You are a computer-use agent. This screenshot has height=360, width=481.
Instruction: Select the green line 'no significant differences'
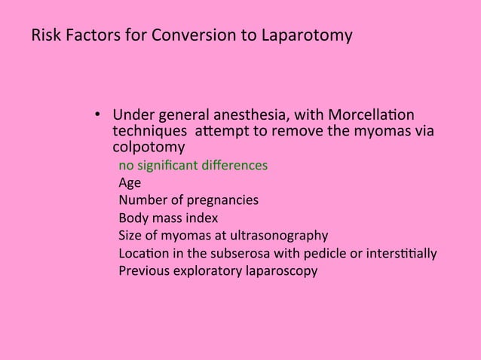(192, 165)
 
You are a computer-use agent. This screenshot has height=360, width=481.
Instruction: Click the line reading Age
(130, 182)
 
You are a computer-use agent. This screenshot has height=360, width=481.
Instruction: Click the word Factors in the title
(86, 36)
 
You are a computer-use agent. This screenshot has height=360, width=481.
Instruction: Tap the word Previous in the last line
(143, 270)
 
